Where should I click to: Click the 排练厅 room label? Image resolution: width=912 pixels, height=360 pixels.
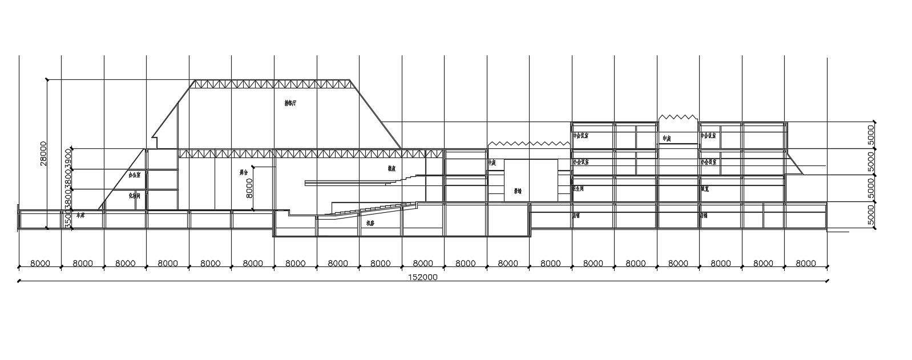point(290,103)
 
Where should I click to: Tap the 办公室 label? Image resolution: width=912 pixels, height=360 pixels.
point(135,176)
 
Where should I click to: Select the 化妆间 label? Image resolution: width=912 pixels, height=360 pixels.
point(135,195)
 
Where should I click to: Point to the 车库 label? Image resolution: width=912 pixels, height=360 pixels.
point(80,216)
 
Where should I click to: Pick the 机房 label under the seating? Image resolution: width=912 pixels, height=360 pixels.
point(370,223)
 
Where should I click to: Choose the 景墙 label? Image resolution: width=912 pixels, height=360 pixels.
point(518,191)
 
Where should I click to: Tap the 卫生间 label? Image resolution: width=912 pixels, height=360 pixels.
point(579,188)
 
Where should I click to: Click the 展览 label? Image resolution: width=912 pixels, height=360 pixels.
point(705,189)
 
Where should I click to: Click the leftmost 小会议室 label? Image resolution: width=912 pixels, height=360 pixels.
point(581,162)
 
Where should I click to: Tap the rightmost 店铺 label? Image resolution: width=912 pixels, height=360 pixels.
point(704,216)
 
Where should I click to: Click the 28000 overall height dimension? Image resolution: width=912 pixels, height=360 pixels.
point(43,153)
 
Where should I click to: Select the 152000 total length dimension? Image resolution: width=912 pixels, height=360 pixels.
point(422,277)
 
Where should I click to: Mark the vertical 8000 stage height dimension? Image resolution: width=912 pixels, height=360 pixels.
point(249,188)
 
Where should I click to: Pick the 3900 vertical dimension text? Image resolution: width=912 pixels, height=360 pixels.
point(68,159)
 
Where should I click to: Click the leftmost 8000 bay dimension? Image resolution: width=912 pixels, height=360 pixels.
point(40,264)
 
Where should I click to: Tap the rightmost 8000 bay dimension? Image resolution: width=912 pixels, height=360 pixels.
point(805,264)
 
